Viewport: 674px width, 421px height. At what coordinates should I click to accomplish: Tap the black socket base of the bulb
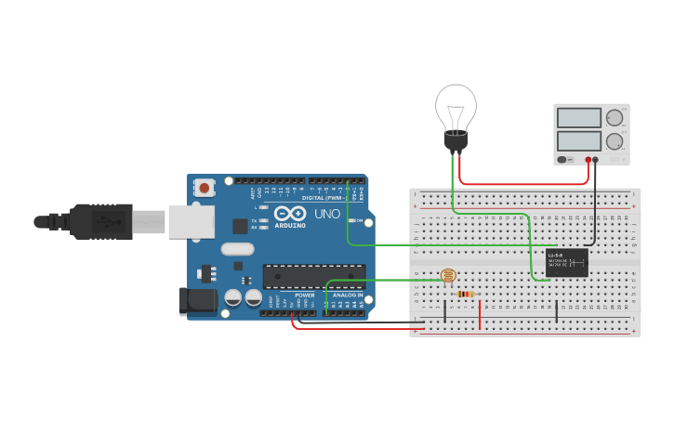456,141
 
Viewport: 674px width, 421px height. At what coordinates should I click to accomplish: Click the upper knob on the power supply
614,118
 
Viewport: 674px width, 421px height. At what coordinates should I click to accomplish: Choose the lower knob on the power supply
614,141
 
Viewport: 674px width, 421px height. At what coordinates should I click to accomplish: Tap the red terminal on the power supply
586,160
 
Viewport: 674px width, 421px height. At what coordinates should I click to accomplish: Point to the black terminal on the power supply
596,160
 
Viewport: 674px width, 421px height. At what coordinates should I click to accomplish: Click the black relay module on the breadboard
566,262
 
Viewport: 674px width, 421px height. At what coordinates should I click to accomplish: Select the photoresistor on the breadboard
447,276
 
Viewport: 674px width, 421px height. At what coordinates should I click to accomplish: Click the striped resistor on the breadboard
465,295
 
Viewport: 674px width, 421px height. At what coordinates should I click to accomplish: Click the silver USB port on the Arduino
191,222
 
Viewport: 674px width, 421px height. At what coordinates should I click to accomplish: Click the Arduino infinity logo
288,214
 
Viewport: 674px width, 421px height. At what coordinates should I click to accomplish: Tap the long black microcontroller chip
313,276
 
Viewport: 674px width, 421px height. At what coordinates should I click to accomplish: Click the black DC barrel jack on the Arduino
197,299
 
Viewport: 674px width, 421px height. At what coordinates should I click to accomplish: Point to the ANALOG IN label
348,295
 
